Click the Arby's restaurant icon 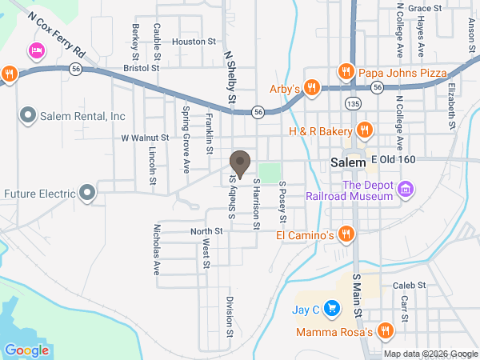(313, 87)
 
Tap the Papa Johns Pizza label (403, 73)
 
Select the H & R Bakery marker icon (364, 130)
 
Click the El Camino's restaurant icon (346, 234)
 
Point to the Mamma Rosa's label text (334, 331)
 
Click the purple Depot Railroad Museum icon (406, 190)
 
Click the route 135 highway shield (353, 104)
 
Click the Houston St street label (194, 41)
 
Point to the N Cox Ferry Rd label (55, 34)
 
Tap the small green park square (270, 172)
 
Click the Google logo (27, 350)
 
